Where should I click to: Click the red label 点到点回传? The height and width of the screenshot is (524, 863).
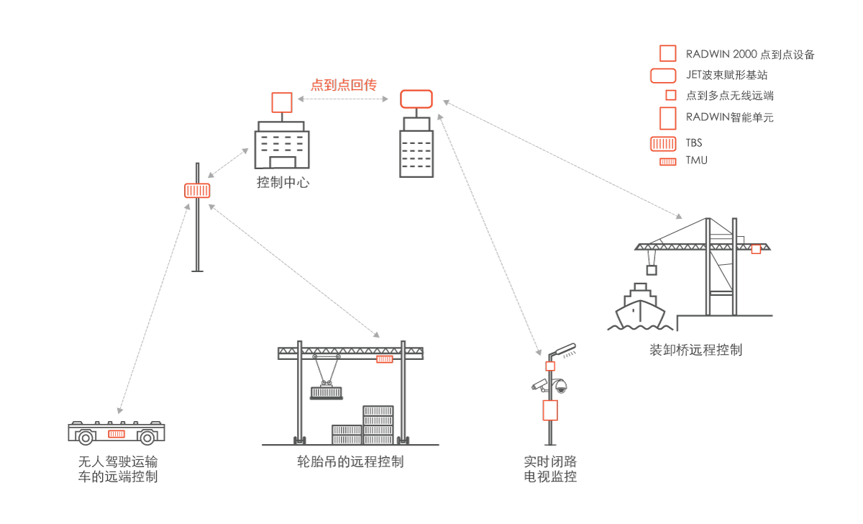(344, 85)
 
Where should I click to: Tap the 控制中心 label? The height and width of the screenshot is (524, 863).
(283, 182)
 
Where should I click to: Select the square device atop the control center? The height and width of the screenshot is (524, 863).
(281, 102)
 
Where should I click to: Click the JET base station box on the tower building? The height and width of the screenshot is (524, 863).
(416, 98)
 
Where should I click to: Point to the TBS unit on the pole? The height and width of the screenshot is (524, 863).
(197, 190)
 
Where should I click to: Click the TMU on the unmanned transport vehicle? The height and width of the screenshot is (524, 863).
(117, 434)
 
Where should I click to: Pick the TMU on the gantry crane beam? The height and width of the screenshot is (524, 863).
(384, 358)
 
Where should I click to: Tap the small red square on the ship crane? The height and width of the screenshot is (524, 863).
(756, 249)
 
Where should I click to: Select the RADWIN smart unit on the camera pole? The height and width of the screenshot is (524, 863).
(550, 410)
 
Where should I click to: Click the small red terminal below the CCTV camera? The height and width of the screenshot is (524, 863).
(550, 366)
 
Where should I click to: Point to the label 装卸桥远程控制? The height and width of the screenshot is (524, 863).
(695, 351)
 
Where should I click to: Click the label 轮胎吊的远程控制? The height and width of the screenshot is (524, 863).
(350, 461)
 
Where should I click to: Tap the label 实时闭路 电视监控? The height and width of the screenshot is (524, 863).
(550, 468)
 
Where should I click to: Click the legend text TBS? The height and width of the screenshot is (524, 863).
(693, 143)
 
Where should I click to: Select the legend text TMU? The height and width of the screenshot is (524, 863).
(695, 160)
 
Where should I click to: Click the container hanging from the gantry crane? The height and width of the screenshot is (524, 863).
(327, 393)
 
